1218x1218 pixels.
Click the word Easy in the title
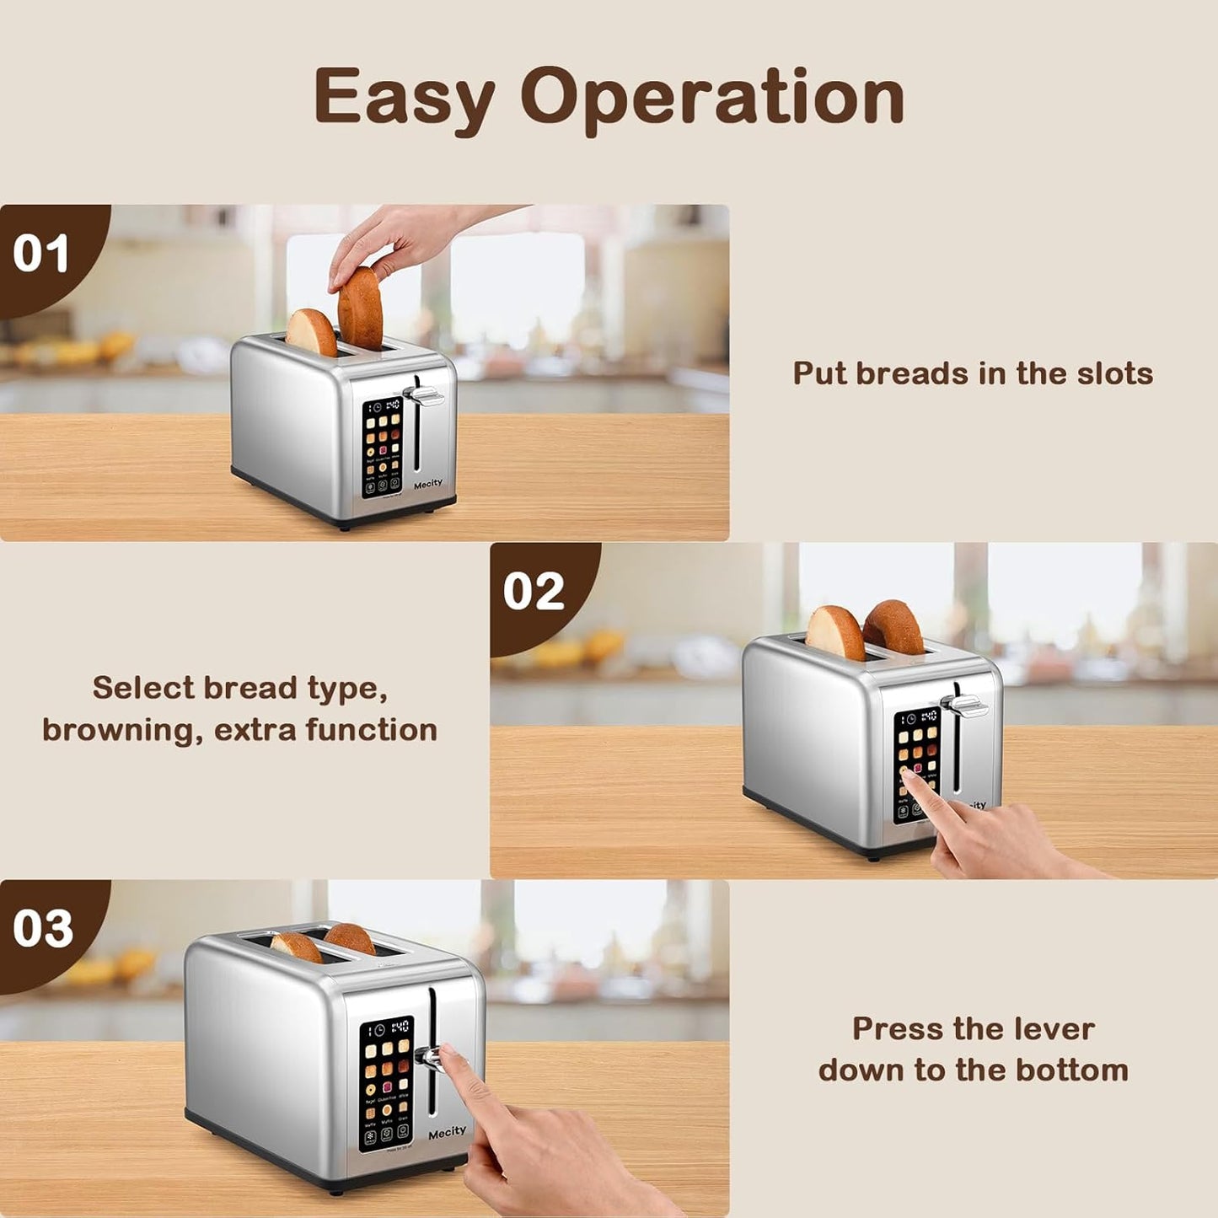click(404, 99)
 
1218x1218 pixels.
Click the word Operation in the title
click(712, 99)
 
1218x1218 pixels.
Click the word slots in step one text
click(1114, 373)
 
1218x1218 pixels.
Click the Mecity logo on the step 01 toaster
click(428, 484)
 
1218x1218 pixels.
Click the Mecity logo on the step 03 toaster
click(447, 1132)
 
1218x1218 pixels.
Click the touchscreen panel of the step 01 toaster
click(382, 447)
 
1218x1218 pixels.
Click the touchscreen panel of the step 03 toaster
click(387, 1083)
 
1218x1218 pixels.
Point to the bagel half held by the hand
click(361, 309)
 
